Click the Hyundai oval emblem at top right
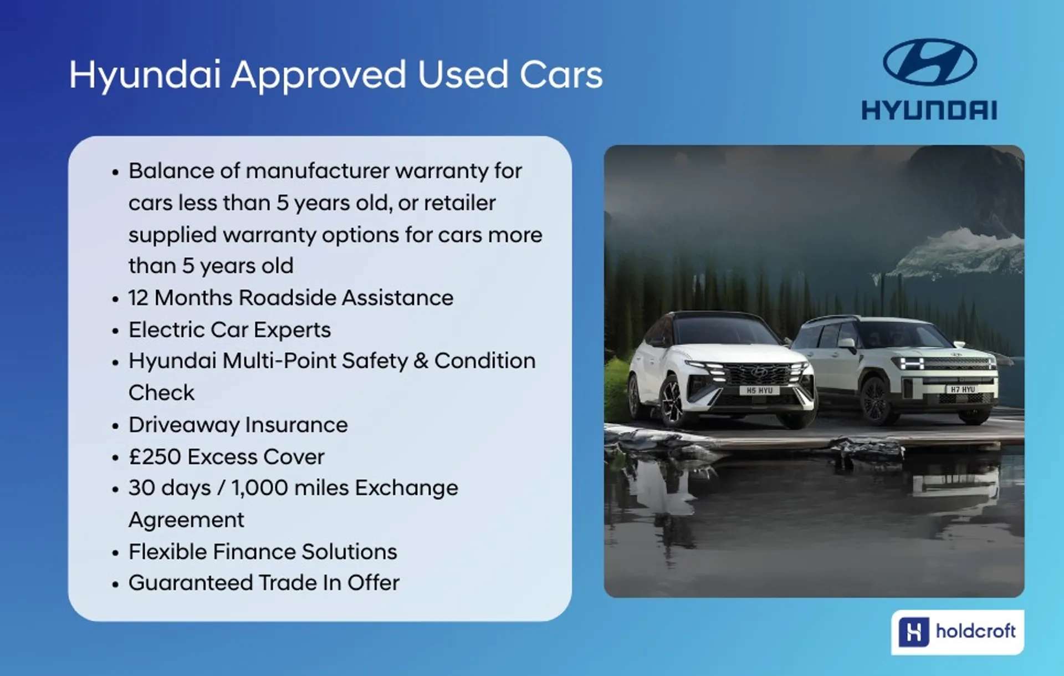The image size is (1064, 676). pos(929,62)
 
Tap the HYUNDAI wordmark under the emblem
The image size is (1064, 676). pos(929,110)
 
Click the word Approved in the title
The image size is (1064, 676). pos(319,75)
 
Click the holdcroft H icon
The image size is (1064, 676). pos(913,632)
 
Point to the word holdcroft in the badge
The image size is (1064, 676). pos(975,631)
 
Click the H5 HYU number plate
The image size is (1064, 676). pos(759,390)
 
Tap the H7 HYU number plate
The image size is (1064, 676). pos(963,389)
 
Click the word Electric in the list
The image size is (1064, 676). pos(166,330)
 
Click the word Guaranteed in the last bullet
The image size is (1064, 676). pos(191,583)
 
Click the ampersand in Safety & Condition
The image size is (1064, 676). pos(421,361)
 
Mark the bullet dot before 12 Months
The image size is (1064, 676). pos(115,299)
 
